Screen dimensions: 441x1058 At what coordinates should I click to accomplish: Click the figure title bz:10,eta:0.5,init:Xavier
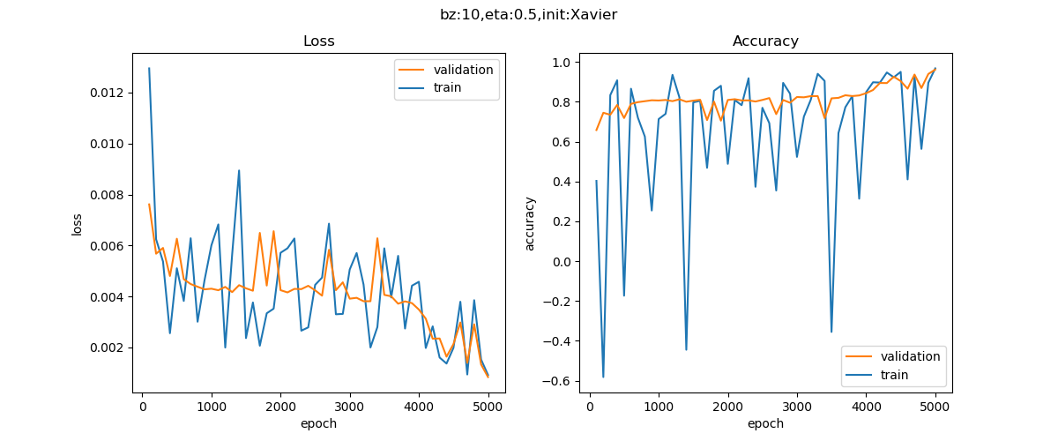[528, 15]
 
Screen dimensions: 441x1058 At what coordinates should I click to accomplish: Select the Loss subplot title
[318, 41]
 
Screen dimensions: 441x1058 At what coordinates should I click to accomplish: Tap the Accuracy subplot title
[765, 41]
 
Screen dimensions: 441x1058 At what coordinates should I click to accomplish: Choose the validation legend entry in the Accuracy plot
[907, 356]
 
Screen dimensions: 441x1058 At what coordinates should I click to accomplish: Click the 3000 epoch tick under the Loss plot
[349, 407]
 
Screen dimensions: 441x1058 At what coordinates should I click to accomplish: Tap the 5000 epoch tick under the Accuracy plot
[935, 407]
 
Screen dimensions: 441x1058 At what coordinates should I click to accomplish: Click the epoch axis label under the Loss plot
[318, 423]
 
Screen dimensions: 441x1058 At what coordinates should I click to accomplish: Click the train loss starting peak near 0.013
[149, 68]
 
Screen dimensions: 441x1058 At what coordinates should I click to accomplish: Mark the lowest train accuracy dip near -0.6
[604, 377]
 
